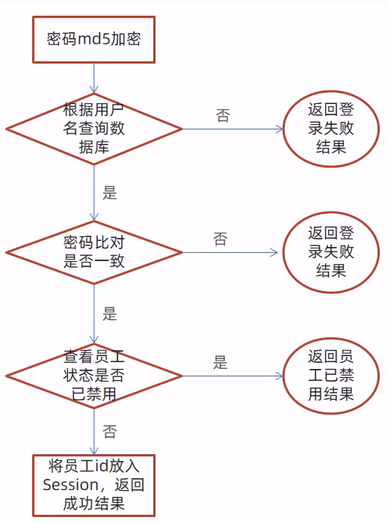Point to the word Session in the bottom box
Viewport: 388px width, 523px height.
point(71,485)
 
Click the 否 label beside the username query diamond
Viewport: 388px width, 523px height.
point(223,116)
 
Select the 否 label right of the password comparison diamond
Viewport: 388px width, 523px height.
point(221,239)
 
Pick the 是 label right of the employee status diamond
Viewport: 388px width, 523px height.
point(221,362)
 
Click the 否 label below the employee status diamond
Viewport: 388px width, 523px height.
point(110,432)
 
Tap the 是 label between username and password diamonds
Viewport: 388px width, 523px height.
point(110,193)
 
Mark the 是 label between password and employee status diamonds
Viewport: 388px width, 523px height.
point(110,314)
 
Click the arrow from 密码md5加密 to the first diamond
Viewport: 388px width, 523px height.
point(94,78)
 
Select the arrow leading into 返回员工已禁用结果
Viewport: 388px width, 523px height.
point(233,376)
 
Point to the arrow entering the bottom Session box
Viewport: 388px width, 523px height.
point(94,432)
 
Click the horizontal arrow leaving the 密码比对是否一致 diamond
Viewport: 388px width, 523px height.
point(230,252)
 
